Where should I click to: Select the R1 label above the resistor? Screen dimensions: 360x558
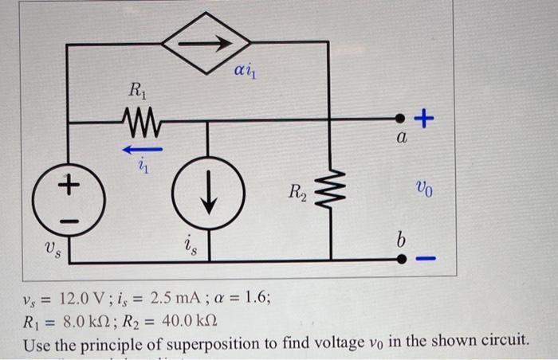click(140, 91)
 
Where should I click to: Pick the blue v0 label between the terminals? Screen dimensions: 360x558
click(425, 189)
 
